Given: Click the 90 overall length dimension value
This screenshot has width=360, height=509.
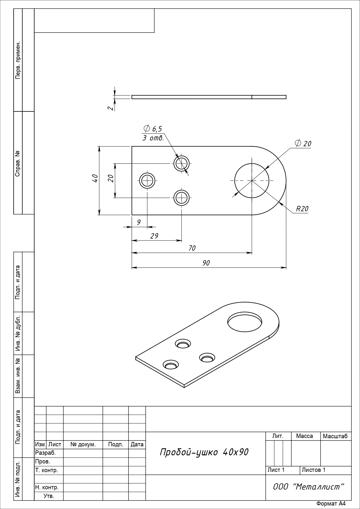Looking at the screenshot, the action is click(x=206, y=263).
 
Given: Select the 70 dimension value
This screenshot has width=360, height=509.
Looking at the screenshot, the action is click(x=192, y=248).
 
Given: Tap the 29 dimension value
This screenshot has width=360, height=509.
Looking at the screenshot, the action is click(x=154, y=236).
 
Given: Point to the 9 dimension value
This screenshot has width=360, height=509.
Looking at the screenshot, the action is click(x=139, y=222).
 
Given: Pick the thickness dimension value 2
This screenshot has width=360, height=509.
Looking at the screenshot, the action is click(x=110, y=108).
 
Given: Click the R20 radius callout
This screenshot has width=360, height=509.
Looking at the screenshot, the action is click(x=302, y=209).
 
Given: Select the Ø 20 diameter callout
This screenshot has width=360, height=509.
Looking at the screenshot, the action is click(x=303, y=143).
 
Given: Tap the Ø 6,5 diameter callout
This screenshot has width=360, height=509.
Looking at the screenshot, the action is click(x=153, y=129).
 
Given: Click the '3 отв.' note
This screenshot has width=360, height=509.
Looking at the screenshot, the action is click(x=153, y=138).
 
